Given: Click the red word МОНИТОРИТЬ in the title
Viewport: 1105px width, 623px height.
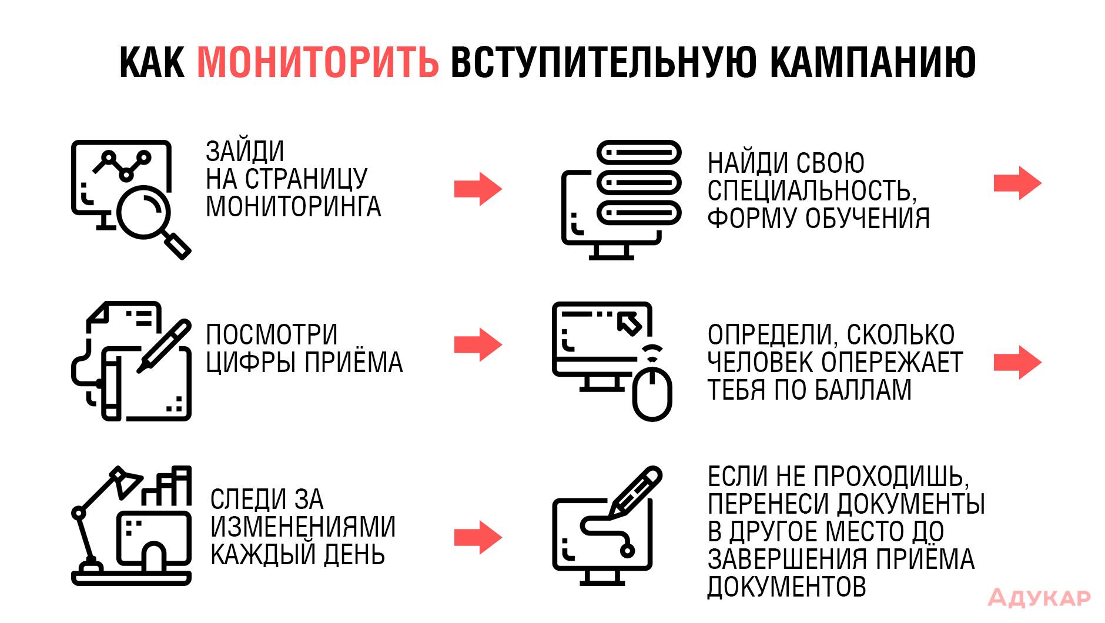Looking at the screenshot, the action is point(318,62).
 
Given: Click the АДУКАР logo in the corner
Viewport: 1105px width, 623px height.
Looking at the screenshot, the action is point(1039,598).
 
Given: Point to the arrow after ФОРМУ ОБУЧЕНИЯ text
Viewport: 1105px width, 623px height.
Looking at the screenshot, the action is point(1017,183).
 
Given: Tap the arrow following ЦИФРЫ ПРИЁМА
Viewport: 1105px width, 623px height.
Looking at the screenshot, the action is point(478,344).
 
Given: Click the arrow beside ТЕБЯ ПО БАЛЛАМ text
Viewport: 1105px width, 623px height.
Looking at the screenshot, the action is point(1017,362).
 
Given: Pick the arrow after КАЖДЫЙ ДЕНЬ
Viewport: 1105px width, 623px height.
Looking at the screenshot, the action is point(478,537).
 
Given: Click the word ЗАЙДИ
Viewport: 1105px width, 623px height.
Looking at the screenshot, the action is point(245,151).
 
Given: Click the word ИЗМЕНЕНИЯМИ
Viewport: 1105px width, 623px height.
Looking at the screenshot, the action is point(303,527).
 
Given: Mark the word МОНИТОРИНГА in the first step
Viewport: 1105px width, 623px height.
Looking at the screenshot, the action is point(293,206).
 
